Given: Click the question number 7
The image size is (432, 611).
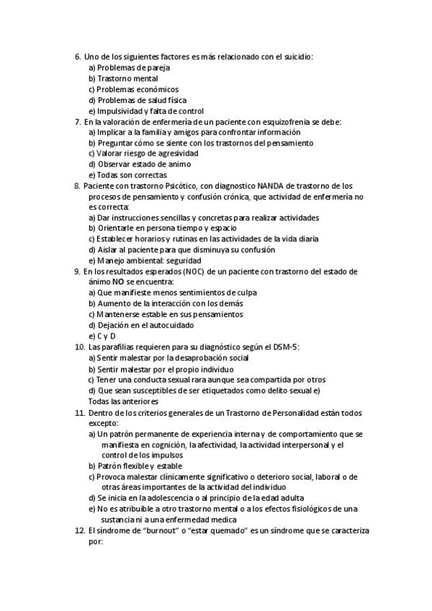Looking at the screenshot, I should [x=77, y=122].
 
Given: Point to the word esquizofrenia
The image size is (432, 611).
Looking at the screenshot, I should [x=269, y=122].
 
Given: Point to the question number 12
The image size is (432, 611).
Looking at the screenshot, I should [x=79, y=530].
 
